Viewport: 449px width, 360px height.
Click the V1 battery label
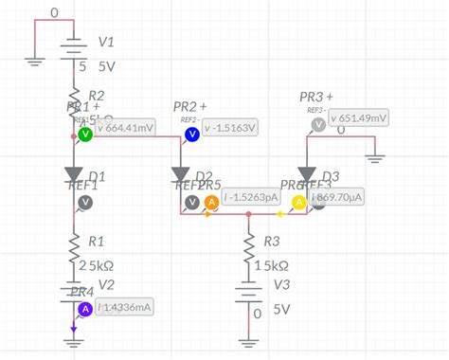coord(106,44)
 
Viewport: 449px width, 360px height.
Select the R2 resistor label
coord(97,95)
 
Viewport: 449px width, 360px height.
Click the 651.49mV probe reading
coord(359,117)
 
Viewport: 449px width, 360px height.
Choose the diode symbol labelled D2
coord(181,174)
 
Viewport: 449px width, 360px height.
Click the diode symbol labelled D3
coord(307,174)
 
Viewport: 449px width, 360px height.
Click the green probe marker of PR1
coord(85,135)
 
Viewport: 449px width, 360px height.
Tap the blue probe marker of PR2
coord(192,135)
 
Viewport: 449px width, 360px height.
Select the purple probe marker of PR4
coord(85,308)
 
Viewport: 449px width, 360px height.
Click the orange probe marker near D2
coord(212,202)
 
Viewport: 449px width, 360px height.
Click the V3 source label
coord(281,285)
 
